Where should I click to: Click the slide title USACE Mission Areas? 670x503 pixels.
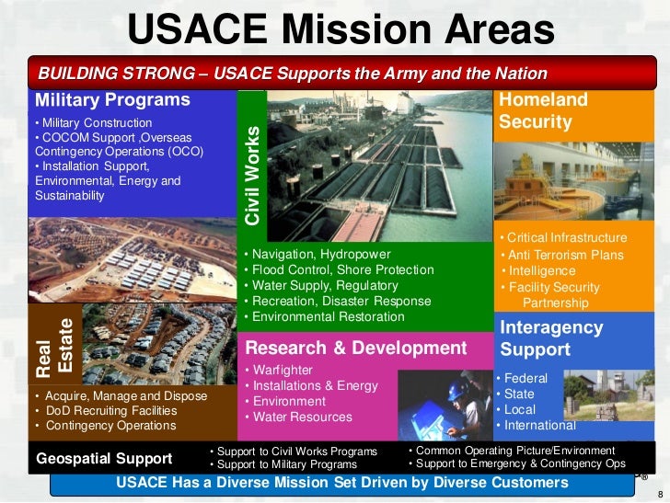[x=341, y=30]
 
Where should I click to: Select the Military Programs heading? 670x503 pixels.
[x=112, y=100]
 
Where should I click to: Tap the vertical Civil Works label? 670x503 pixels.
[x=252, y=175]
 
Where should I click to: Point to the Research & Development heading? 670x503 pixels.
[x=356, y=348]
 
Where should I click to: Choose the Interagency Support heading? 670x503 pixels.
[x=551, y=338]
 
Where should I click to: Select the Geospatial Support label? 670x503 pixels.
[x=104, y=458]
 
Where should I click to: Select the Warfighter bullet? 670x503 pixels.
[x=283, y=370]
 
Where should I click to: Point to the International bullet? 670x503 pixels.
[x=538, y=425]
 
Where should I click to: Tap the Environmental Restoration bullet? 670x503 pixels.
[x=328, y=316]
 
